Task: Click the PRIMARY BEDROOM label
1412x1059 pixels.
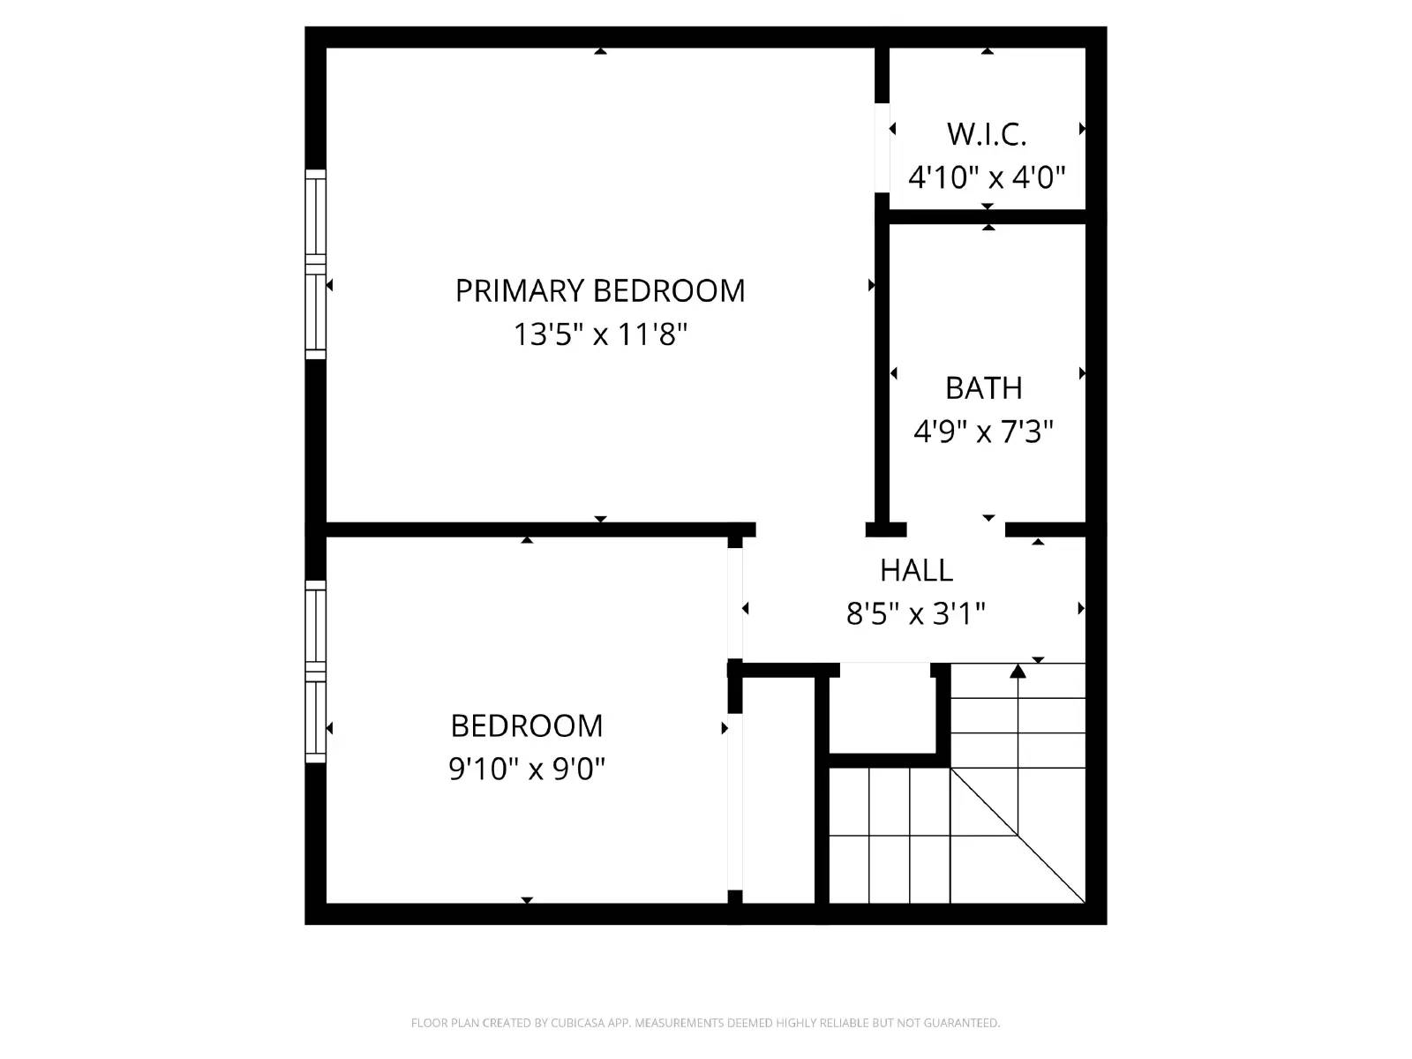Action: pyautogui.click(x=599, y=290)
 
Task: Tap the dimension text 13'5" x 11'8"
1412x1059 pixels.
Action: pyautogui.click(x=599, y=335)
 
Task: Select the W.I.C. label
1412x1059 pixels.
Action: pyautogui.click(x=987, y=134)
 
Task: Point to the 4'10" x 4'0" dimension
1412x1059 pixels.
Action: pyautogui.click(x=987, y=177)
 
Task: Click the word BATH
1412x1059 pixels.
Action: pyautogui.click(x=983, y=388)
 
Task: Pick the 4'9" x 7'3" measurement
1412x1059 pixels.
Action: pyautogui.click(x=983, y=432)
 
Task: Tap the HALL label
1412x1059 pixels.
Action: pyautogui.click(x=916, y=570)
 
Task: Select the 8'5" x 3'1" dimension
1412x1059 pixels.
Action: pyautogui.click(x=916, y=612)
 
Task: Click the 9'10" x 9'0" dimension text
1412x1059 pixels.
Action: pyautogui.click(x=527, y=769)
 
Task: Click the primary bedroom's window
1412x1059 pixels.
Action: pyautogui.click(x=315, y=265)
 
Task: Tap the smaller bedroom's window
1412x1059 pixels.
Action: pyautogui.click(x=315, y=672)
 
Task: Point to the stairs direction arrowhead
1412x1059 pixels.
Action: pyautogui.click(x=1018, y=672)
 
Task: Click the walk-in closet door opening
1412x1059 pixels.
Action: pyautogui.click(x=882, y=147)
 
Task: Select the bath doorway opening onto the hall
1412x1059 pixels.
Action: pyautogui.click(x=956, y=529)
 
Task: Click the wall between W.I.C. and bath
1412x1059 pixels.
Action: pyautogui.click(x=987, y=216)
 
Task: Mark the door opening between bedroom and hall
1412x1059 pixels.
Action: pyautogui.click(x=735, y=603)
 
